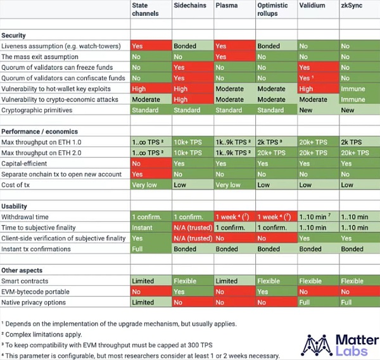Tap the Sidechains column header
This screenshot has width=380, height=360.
189,5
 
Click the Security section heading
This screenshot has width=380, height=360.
14,35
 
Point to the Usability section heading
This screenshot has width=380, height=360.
16,207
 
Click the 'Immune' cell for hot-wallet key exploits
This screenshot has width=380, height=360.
353,89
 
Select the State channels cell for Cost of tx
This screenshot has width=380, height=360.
149,184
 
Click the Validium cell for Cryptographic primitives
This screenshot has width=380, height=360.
317,110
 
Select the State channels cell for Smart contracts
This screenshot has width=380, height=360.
149,281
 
